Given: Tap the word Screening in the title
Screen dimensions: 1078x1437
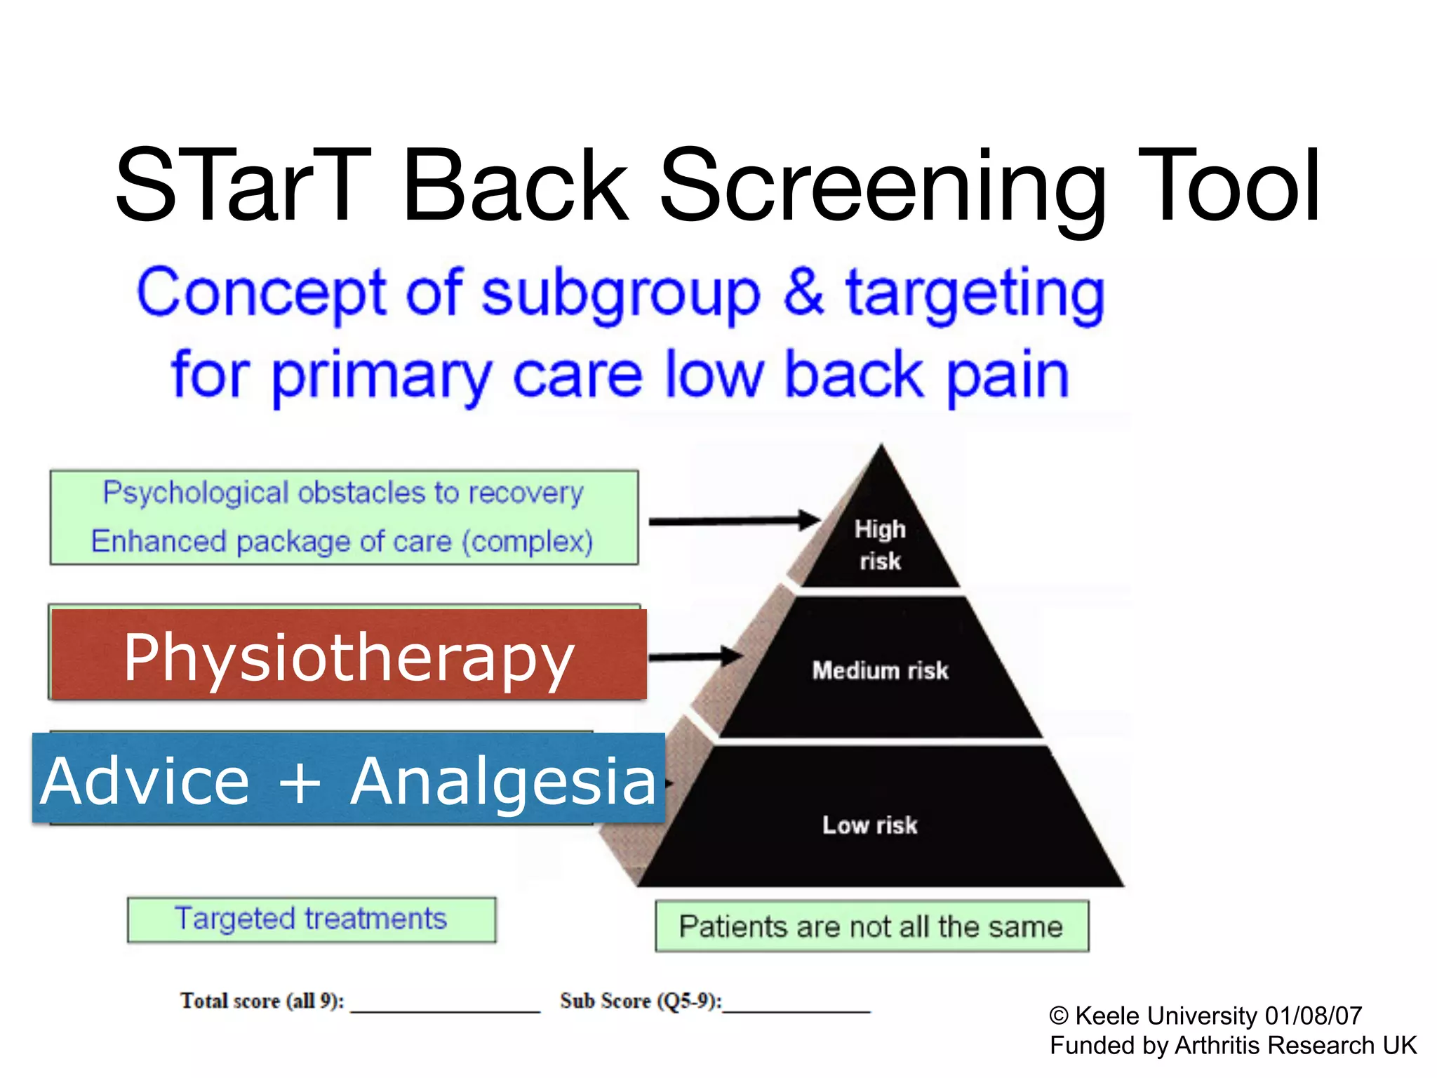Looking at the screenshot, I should [881, 188].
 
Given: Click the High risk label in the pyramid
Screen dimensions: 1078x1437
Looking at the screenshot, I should [880, 545].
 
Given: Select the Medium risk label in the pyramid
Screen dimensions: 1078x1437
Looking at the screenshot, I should [880, 670].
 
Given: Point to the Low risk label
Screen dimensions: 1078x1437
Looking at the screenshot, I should [869, 825].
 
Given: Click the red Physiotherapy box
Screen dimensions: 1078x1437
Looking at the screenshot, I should [349, 654].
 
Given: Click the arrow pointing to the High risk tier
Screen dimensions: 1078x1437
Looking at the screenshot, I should [733, 521].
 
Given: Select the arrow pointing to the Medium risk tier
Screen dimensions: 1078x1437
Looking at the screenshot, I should [694, 656].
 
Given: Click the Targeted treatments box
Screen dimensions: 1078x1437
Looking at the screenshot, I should [311, 919].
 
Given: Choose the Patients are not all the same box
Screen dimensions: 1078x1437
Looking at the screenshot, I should [871, 926].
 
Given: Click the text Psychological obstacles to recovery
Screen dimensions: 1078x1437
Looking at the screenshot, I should [343, 493].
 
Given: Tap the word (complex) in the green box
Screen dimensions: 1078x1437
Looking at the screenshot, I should [528, 542].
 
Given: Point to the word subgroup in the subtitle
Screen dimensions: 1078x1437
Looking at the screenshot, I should [620, 295].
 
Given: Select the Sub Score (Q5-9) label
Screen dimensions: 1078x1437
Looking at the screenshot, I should [640, 1001].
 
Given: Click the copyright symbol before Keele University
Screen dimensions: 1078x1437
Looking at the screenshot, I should [1058, 1016].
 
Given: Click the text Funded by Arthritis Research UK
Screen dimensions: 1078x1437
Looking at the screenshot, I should [1233, 1046].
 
